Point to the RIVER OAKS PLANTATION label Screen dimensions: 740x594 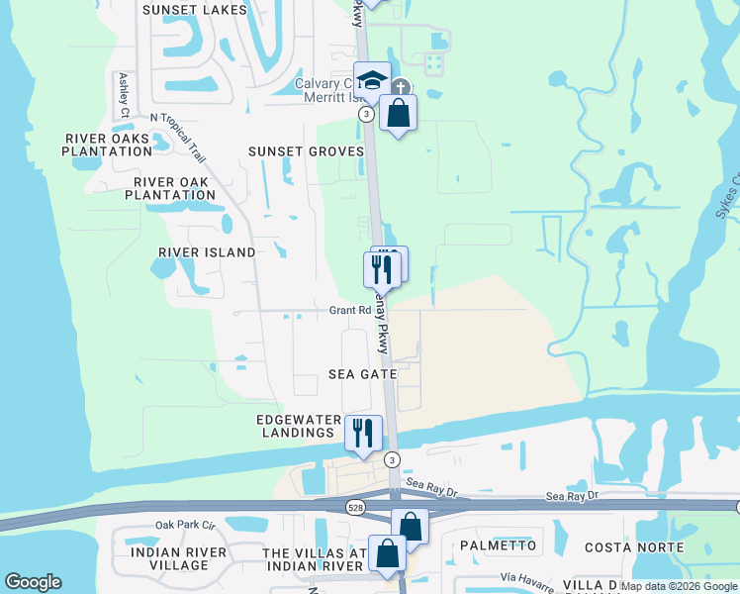point(107,145)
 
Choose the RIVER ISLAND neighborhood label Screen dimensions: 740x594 point(207,252)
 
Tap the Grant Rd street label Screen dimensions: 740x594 point(350,311)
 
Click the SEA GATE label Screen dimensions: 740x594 point(363,374)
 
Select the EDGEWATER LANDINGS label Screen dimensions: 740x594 point(296,426)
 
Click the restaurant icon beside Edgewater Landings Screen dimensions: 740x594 point(363,433)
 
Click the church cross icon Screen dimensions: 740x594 point(401,87)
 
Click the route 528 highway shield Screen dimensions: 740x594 point(354,507)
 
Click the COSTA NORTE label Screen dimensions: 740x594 point(634,547)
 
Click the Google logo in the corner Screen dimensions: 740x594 point(33,582)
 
